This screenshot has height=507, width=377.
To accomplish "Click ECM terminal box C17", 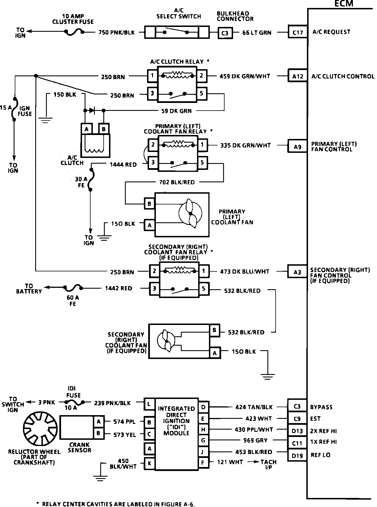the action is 298,32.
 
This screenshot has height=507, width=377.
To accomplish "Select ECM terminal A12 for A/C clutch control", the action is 298,76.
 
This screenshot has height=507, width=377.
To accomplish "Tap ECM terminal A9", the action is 298,147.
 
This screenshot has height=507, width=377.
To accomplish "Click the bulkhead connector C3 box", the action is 225,33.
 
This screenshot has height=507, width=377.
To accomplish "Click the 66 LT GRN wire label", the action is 257,33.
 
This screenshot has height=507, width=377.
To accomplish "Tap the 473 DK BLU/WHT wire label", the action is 245,271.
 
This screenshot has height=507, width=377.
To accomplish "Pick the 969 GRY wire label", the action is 255,440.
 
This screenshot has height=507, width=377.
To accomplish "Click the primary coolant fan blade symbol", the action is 190,213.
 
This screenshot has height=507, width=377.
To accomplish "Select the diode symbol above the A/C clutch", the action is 92,110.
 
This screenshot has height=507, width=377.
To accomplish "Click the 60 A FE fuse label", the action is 73,301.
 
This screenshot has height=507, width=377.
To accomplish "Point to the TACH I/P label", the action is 268,465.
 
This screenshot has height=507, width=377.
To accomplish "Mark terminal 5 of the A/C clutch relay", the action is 202,93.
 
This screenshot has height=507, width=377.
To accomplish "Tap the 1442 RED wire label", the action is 118,288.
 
